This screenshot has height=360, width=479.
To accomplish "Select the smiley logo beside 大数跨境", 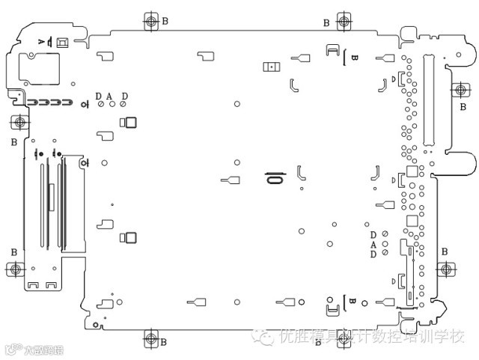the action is pyautogui.click(x=11, y=349).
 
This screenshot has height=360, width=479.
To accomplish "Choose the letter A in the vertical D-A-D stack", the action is pyautogui.click(x=373, y=244).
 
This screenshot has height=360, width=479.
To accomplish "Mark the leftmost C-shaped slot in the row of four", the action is pyautogui.click(x=33, y=101).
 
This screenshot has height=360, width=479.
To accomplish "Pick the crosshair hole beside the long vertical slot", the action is pyautogui.click(x=460, y=90).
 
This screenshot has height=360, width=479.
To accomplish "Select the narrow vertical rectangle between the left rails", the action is pyautogui.click(x=51, y=195).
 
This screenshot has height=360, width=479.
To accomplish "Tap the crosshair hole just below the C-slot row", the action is pyautogui.click(x=19, y=122).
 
